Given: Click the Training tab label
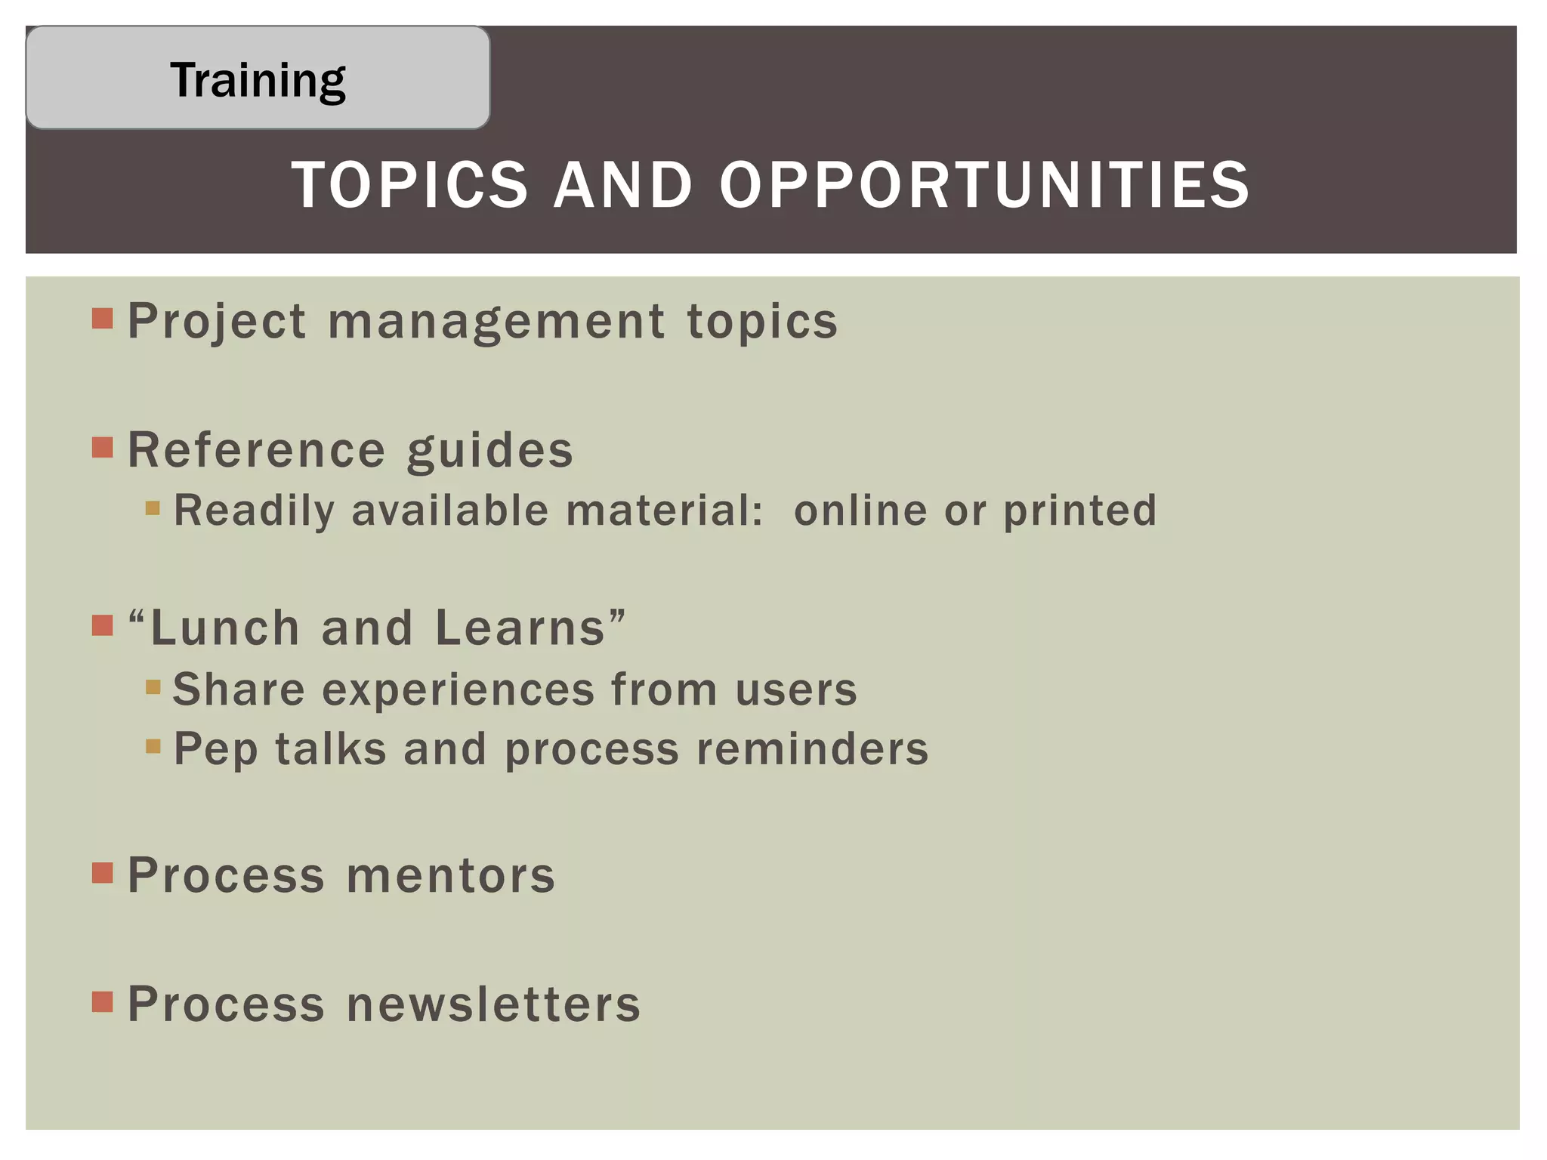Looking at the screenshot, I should tap(258, 79).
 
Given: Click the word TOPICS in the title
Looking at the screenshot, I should tap(409, 185).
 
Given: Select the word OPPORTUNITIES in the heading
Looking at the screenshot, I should tap(984, 185).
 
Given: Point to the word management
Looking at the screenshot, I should tap(496, 322).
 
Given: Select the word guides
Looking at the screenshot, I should tap(489, 451).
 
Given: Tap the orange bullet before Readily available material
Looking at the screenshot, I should tap(153, 507).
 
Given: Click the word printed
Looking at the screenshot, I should tap(1079, 511).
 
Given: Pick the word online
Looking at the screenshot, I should tap(860, 511).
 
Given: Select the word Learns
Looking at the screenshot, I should tap(520, 628).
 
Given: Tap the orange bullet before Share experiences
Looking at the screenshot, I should tap(153, 686).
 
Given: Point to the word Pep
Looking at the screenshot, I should tap(215, 750).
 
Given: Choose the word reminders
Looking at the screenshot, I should tap(812, 749).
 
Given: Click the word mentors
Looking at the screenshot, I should tap(451, 875).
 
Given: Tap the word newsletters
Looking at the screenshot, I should tap(493, 1004).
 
